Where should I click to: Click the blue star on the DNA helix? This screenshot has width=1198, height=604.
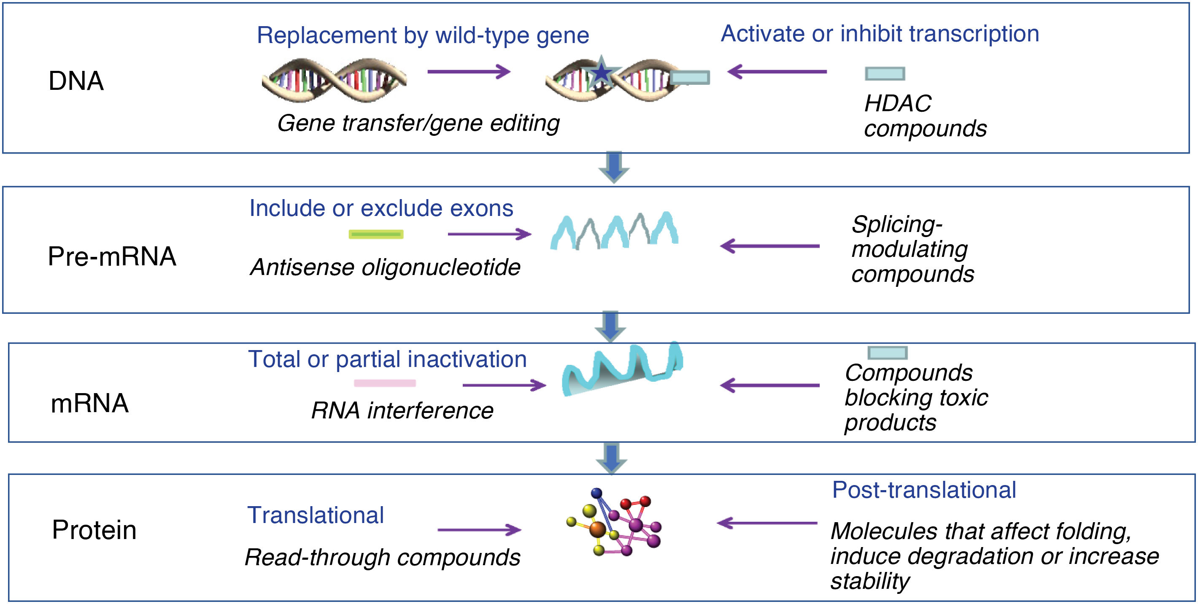tap(602, 72)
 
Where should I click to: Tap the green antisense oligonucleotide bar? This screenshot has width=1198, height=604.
tap(376, 235)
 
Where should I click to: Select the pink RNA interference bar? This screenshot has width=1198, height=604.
tap(385, 383)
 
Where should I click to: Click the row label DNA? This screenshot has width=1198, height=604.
tap(76, 81)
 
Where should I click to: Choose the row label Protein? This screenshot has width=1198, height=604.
tap(94, 530)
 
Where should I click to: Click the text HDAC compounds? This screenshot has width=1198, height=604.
tap(924, 116)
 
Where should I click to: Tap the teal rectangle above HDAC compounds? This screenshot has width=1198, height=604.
tap(885, 73)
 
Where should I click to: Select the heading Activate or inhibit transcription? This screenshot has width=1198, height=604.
tap(880, 34)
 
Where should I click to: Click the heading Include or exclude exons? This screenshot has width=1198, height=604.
tap(381, 208)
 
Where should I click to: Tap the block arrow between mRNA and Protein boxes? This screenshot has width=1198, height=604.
tap(611, 458)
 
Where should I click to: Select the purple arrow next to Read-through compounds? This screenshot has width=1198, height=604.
tap(479, 530)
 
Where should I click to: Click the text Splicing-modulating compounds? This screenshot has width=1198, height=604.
tap(912, 249)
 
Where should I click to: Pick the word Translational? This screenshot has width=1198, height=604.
tap(315, 515)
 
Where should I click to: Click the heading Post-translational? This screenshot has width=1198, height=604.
tap(924, 490)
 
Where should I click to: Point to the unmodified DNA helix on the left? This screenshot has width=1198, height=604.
tap(334, 80)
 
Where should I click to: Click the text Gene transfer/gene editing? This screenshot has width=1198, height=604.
tap(418, 123)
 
